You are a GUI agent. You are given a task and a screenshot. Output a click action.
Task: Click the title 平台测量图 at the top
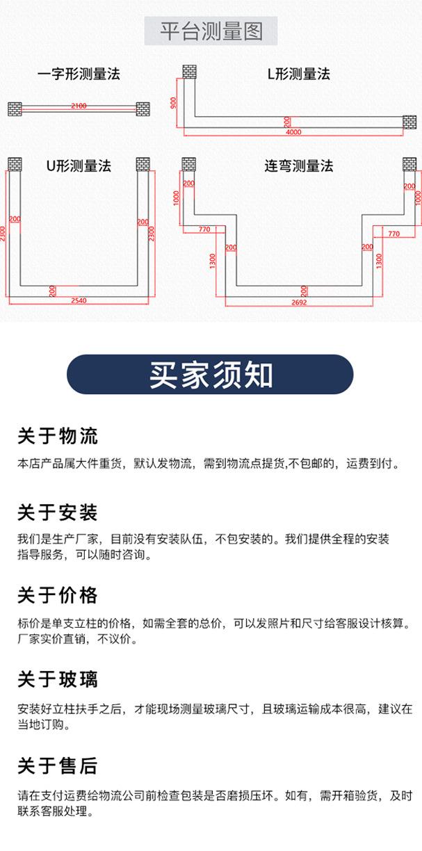coord(211,31)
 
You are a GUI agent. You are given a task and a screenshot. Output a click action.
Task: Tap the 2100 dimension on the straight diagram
coord(79,106)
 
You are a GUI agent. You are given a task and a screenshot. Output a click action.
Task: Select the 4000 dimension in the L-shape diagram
coord(293,131)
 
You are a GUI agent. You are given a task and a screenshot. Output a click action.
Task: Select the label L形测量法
coord(299,74)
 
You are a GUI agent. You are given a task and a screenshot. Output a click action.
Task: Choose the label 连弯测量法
coord(299,166)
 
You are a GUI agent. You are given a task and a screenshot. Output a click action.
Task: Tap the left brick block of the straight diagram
coord(15,109)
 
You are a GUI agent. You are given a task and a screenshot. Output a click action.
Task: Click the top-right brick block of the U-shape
coord(143,164)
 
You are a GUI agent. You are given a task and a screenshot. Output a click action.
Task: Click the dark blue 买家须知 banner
coord(210,375)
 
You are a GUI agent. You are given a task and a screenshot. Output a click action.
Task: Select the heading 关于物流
coord(58,437)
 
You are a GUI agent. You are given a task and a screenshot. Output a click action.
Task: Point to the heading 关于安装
coord(58,513)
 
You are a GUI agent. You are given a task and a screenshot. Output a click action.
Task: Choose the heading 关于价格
coord(58,596)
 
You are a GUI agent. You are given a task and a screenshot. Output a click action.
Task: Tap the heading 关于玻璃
coord(58,679)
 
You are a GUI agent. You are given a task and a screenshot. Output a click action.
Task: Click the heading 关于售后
coord(58,766)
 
